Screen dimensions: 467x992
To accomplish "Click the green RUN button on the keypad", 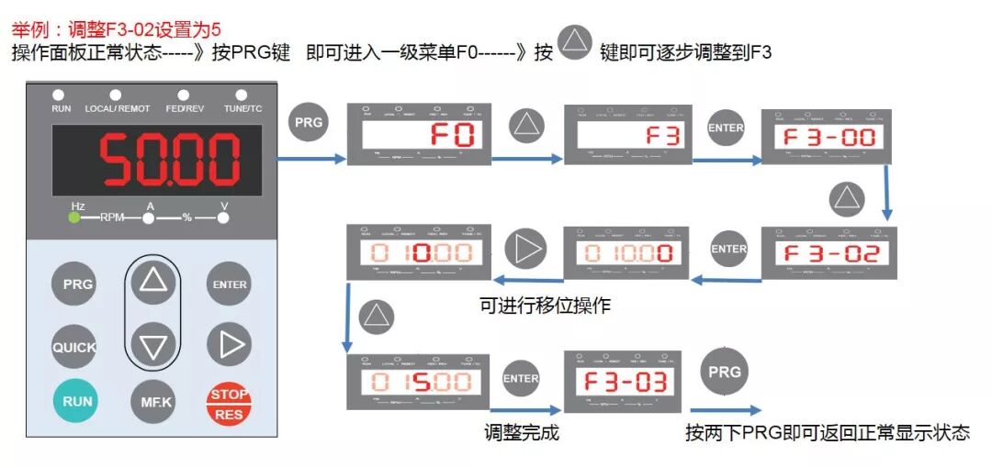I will coord(78,401).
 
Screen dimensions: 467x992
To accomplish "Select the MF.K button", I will coord(152,401).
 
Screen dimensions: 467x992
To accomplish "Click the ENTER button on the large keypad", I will coord(229,284).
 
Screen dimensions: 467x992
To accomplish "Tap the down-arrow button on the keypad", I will coord(152,346).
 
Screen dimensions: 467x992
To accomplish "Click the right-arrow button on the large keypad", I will coord(229,344).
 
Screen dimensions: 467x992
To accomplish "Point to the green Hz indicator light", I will coord(74,218).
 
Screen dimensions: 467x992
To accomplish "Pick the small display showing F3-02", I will coord(829,253).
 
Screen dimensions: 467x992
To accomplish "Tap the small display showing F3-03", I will coord(623,382).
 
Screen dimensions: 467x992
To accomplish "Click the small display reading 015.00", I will coord(417,382).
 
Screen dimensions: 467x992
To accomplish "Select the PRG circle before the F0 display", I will coord(309,122).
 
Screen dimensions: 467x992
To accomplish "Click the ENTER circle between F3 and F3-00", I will coord(726,128).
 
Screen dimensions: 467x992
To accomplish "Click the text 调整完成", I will coord(522,432).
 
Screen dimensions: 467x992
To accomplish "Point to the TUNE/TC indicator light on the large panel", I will coord(242,95).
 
